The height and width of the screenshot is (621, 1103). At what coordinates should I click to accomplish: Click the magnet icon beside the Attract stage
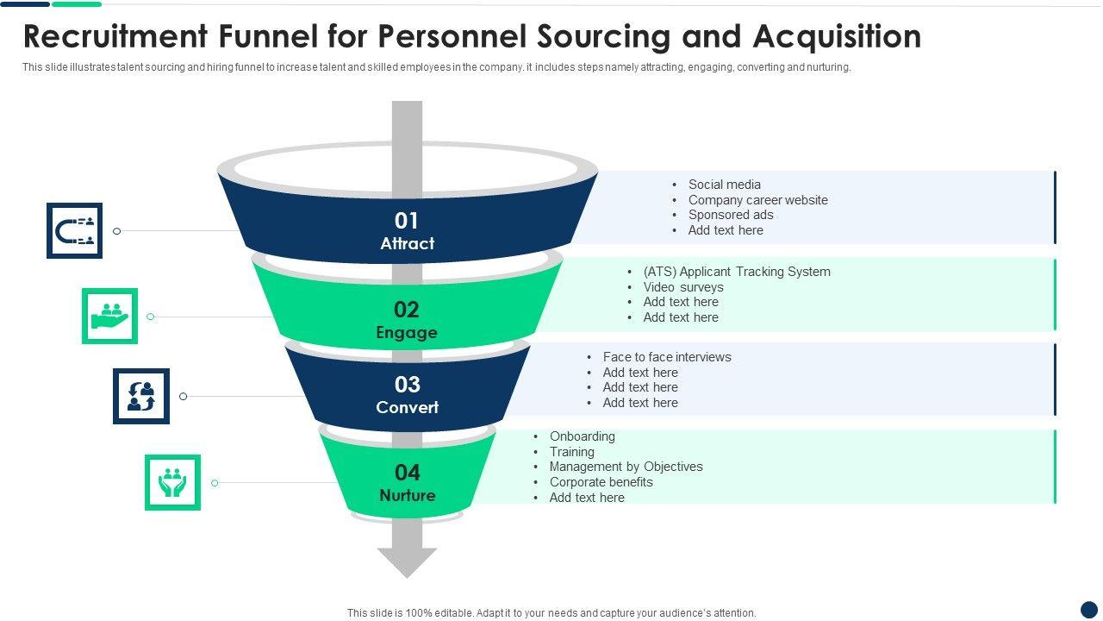pyautogui.click(x=74, y=230)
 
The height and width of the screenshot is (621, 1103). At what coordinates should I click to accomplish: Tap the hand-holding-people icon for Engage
pyautogui.click(x=109, y=316)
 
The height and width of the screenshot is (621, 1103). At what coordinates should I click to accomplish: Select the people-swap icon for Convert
pyautogui.click(x=141, y=396)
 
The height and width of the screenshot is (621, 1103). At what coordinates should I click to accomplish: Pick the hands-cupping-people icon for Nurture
pyautogui.click(x=172, y=482)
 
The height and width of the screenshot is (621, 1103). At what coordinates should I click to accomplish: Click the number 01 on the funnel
pyautogui.click(x=407, y=221)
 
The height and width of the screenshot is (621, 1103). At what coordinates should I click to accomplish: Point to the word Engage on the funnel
pyautogui.click(x=407, y=332)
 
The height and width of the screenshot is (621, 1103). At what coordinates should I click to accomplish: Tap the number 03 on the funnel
pyautogui.click(x=407, y=385)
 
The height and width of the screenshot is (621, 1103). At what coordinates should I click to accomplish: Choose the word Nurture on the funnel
pyautogui.click(x=407, y=495)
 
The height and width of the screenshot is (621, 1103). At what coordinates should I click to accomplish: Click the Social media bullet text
pyautogui.click(x=724, y=185)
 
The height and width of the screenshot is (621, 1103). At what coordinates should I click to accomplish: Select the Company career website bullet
pyautogui.click(x=757, y=200)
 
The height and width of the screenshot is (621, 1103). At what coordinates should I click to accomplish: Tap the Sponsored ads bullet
pyautogui.click(x=731, y=215)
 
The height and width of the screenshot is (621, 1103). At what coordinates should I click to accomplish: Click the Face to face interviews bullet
pyautogui.click(x=667, y=357)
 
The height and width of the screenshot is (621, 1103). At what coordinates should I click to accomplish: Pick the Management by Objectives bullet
pyautogui.click(x=626, y=467)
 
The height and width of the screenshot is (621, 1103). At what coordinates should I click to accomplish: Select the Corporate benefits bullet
pyautogui.click(x=601, y=482)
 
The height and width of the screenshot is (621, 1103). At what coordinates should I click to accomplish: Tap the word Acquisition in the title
pyautogui.click(x=837, y=37)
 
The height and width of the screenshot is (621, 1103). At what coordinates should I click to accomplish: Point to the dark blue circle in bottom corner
pyautogui.click(x=1089, y=609)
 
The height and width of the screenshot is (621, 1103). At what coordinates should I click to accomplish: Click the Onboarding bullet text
pyautogui.click(x=582, y=436)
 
